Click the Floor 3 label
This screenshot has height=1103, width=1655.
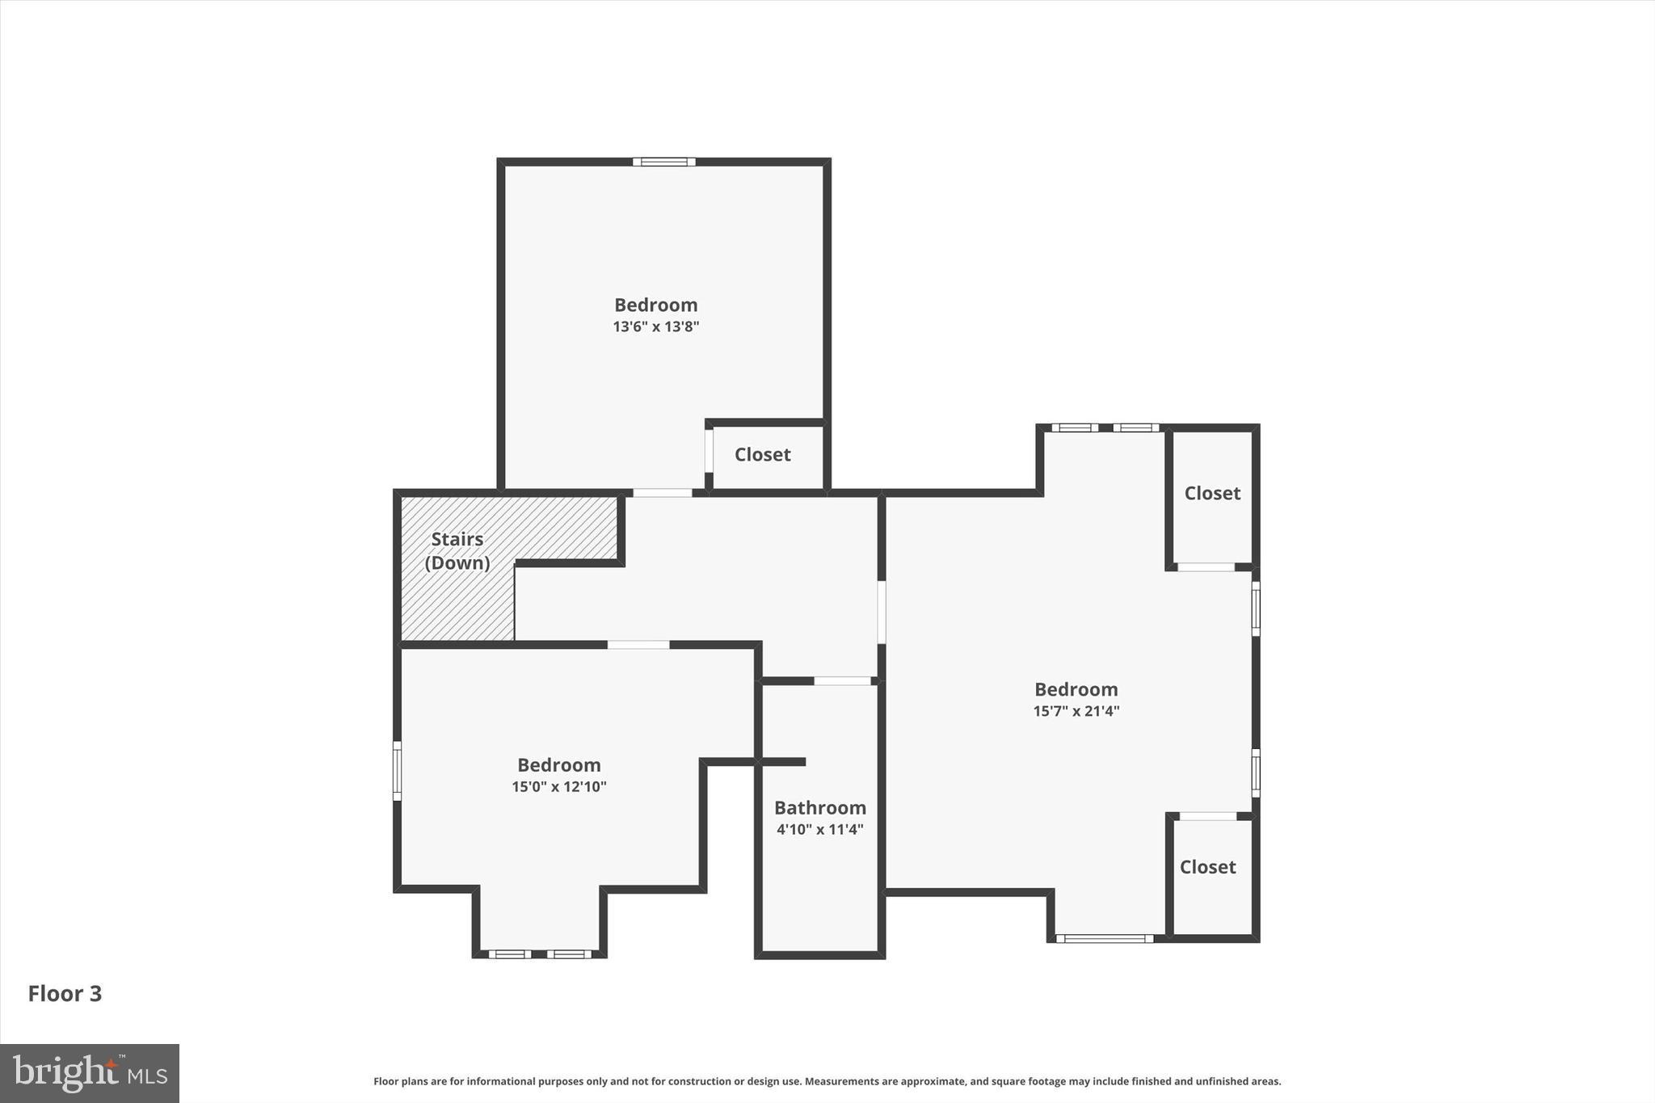click(x=65, y=993)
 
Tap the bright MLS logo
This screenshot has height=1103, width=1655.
click(x=90, y=1073)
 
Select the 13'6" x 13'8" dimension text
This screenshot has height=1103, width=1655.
click(x=655, y=326)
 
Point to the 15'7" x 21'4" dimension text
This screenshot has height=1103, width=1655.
click(x=1076, y=711)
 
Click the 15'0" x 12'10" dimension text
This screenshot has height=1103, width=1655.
click(x=558, y=786)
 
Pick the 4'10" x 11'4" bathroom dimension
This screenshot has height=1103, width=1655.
click(x=819, y=829)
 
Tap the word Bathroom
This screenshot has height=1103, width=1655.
click(x=819, y=807)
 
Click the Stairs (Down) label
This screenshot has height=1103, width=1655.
click(x=457, y=551)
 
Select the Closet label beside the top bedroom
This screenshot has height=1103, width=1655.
click(x=762, y=455)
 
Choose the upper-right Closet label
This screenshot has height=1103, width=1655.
click(x=1212, y=493)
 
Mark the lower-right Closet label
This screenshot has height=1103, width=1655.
click(x=1207, y=867)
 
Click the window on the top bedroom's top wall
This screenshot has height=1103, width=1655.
click(x=663, y=162)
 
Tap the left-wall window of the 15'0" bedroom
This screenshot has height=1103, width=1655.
click(x=397, y=771)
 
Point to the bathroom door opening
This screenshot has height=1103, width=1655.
click(x=842, y=681)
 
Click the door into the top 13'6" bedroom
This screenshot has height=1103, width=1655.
click(x=662, y=493)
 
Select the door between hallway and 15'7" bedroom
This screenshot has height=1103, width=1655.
click(x=882, y=612)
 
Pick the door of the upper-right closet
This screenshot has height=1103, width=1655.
click(x=1206, y=567)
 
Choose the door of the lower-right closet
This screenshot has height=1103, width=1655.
click(x=1208, y=816)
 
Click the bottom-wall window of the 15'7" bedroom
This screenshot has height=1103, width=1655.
click(x=1105, y=938)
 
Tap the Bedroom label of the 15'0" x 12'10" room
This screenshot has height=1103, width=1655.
click(x=558, y=764)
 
